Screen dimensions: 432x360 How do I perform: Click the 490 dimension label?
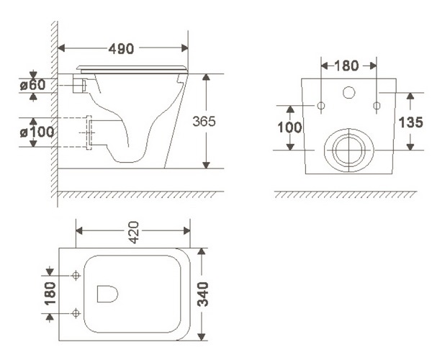(x=121, y=49)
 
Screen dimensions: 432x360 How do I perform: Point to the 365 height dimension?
(x=204, y=121)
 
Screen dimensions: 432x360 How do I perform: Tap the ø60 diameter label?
(x=33, y=85)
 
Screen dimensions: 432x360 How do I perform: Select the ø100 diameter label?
(x=37, y=132)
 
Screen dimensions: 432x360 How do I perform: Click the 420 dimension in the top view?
(x=134, y=232)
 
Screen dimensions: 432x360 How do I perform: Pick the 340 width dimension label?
(x=204, y=294)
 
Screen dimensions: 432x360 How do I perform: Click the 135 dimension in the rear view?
(x=410, y=122)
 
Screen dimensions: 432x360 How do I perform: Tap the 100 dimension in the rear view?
(x=289, y=127)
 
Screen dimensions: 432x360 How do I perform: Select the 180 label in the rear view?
(x=346, y=66)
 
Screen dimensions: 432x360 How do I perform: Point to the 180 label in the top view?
(x=50, y=294)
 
